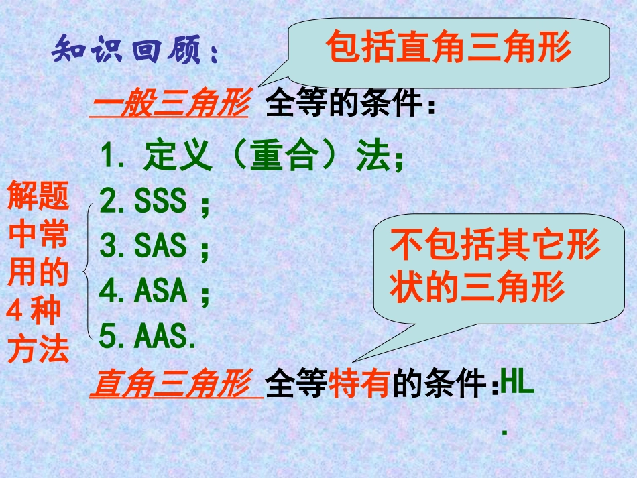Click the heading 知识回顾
point(134,51)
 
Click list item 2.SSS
point(154,201)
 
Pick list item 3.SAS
point(154,247)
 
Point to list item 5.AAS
point(148,337)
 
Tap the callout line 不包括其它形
point(495,246)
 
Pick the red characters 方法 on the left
point(38,349)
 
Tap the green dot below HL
point(504,433)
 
